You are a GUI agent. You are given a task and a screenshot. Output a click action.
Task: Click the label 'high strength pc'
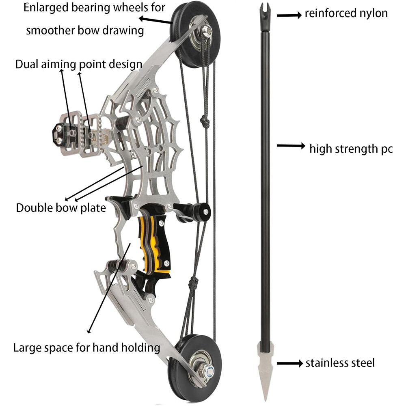[351, 149]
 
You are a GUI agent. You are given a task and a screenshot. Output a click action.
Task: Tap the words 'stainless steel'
[340, 363]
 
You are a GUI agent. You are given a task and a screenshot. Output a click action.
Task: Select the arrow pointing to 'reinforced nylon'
[289, 15]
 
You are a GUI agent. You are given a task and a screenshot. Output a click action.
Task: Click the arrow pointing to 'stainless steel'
[289, 363]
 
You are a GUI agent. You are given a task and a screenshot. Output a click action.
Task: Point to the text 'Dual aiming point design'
[79, 64]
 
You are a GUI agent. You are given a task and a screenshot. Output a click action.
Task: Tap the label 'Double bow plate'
[61, 208]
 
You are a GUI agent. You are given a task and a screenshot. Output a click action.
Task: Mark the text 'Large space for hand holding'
[86, 348]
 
